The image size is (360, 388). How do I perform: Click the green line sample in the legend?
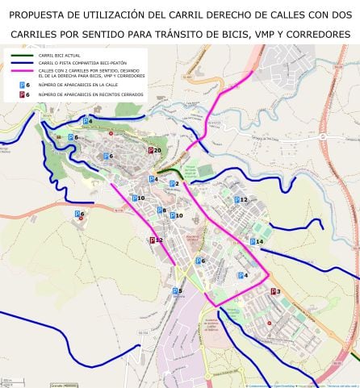pyautogui.click(x=19, y=55)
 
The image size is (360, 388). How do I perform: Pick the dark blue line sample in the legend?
pyautogui.click(x=19, y=62)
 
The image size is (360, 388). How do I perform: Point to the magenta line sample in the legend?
pyautogui.click(x=19, y=72)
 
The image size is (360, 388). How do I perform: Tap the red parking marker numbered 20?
pyautogui.click(x=150, y=151)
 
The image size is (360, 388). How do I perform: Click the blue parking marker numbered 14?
pyautogui.click(x=253, y=241)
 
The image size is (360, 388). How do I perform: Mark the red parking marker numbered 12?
pyautogui.click(x=152, y=240)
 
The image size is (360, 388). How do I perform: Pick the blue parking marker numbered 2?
pyautogui.click(x=170, y=184)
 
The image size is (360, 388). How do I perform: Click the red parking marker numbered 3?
pyautogui.click(x=273, y=291)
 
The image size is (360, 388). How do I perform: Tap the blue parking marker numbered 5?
pyautogui.click(x=174, y=290)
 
